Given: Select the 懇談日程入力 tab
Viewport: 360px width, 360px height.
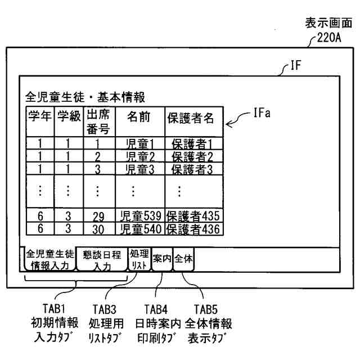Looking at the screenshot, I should click(102, 259).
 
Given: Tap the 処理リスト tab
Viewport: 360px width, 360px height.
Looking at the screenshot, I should click(139, 259).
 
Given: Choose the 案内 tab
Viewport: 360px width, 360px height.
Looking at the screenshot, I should click(162, 259).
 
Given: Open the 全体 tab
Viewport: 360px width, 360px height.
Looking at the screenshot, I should click(183, 259).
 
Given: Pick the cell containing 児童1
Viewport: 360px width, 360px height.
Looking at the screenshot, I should click(139, 144).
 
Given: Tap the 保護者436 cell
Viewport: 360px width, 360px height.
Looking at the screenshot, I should click(193, 228).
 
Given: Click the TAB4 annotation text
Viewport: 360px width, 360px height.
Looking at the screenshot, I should click(156, 309).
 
